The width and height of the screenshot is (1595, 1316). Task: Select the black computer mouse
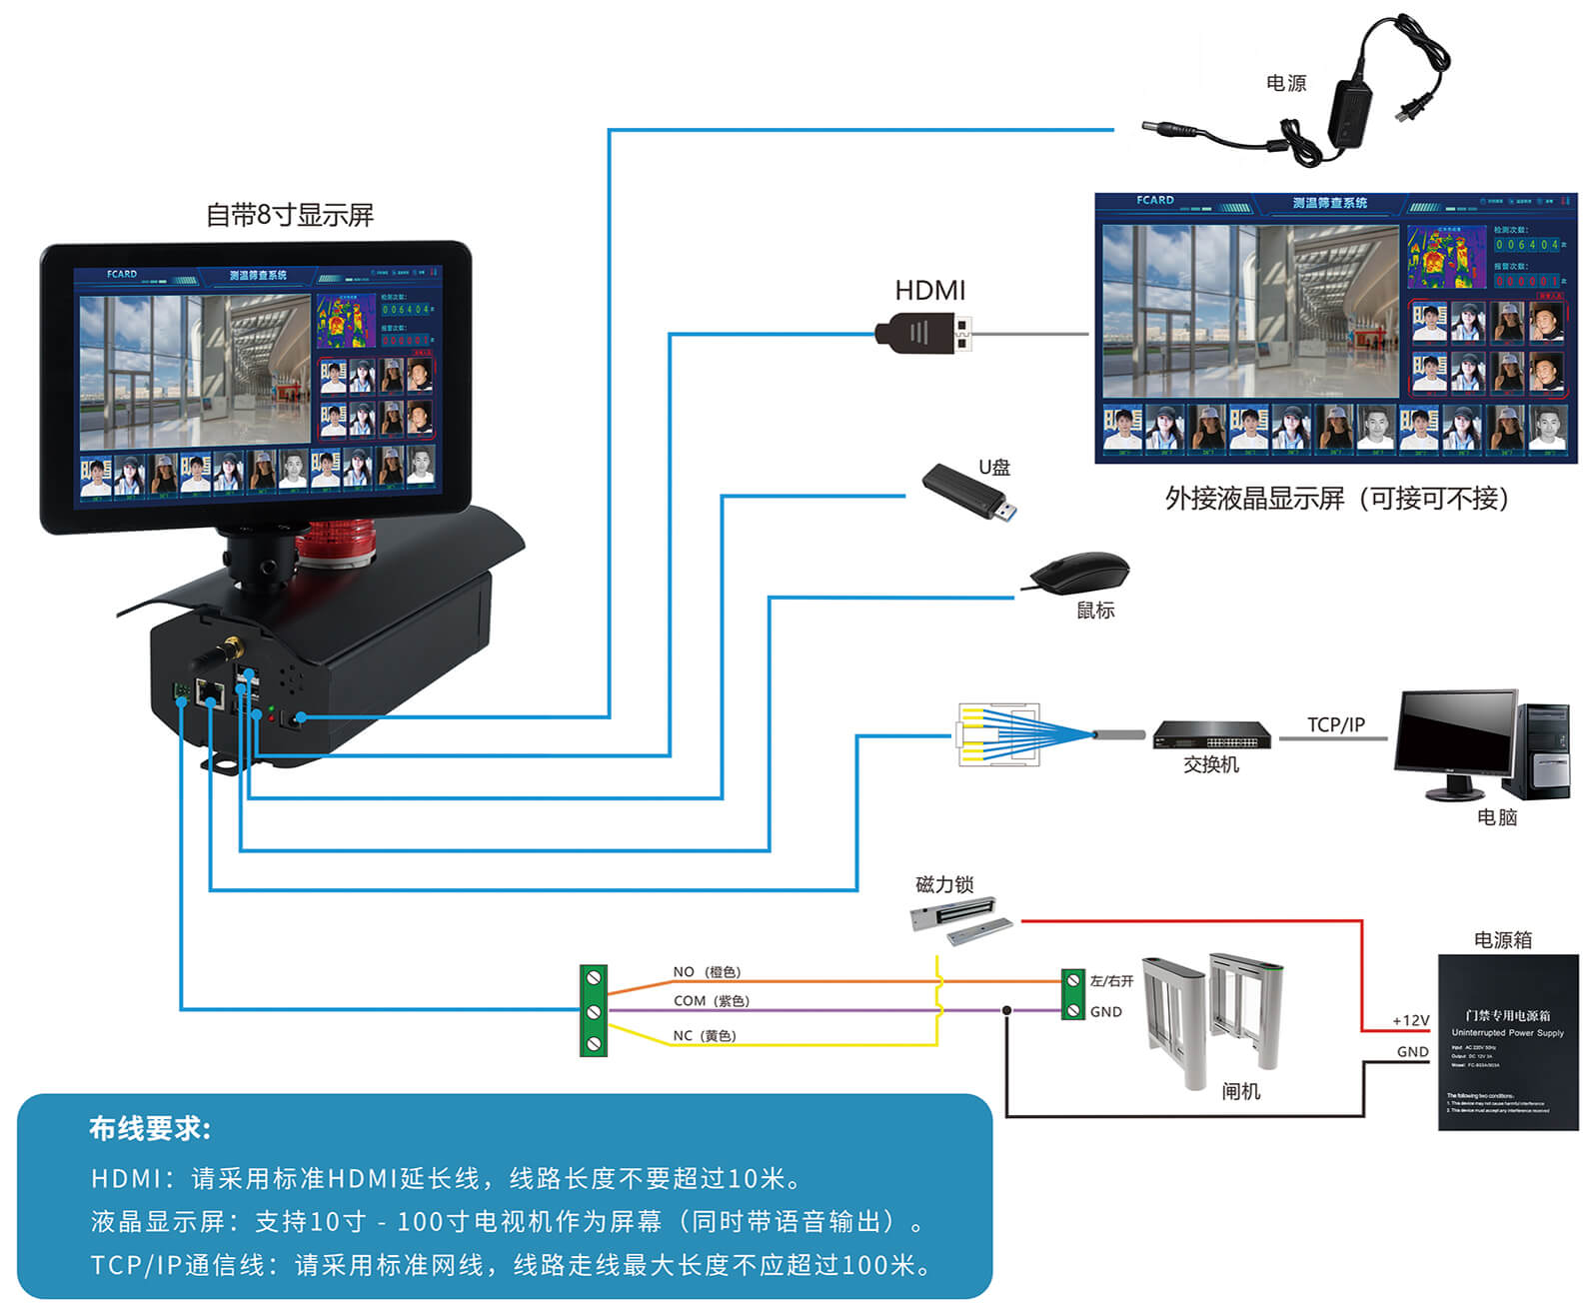(1079, 574)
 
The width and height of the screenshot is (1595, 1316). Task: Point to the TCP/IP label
(1335, 724)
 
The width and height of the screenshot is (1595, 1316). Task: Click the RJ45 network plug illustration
(999, 734)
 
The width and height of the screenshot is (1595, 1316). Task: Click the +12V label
(1410, 1020)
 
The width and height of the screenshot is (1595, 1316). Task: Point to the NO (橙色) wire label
(707, 971)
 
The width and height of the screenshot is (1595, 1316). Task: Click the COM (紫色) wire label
(711, 1000)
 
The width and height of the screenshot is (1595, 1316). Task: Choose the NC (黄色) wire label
(705, 1035)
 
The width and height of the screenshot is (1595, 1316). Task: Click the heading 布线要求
(150, 1128)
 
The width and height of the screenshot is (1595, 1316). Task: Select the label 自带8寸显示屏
(289, 215)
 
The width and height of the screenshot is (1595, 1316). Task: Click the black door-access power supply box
(1507, 1042)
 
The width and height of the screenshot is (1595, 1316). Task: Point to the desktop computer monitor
(1454, 736)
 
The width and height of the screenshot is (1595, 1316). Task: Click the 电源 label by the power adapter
(1285, 83)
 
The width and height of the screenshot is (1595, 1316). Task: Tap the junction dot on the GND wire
(1006, 1010)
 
